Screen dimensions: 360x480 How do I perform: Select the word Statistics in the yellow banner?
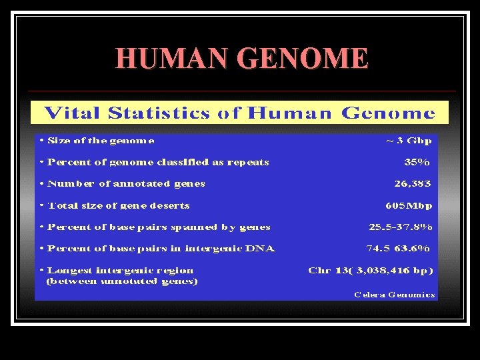pos(158,113)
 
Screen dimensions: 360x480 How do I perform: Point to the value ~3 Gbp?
pos(409,141)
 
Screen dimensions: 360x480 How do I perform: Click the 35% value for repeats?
pos(417,162)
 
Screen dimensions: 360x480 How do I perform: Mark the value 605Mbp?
pos(409,205)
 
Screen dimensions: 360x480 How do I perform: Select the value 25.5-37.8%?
pos(401,227)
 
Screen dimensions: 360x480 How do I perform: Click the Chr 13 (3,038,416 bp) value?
pos(370,270)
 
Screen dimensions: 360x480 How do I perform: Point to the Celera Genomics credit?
pos(394,294)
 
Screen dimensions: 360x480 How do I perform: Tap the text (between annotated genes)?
pos(121,281)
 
